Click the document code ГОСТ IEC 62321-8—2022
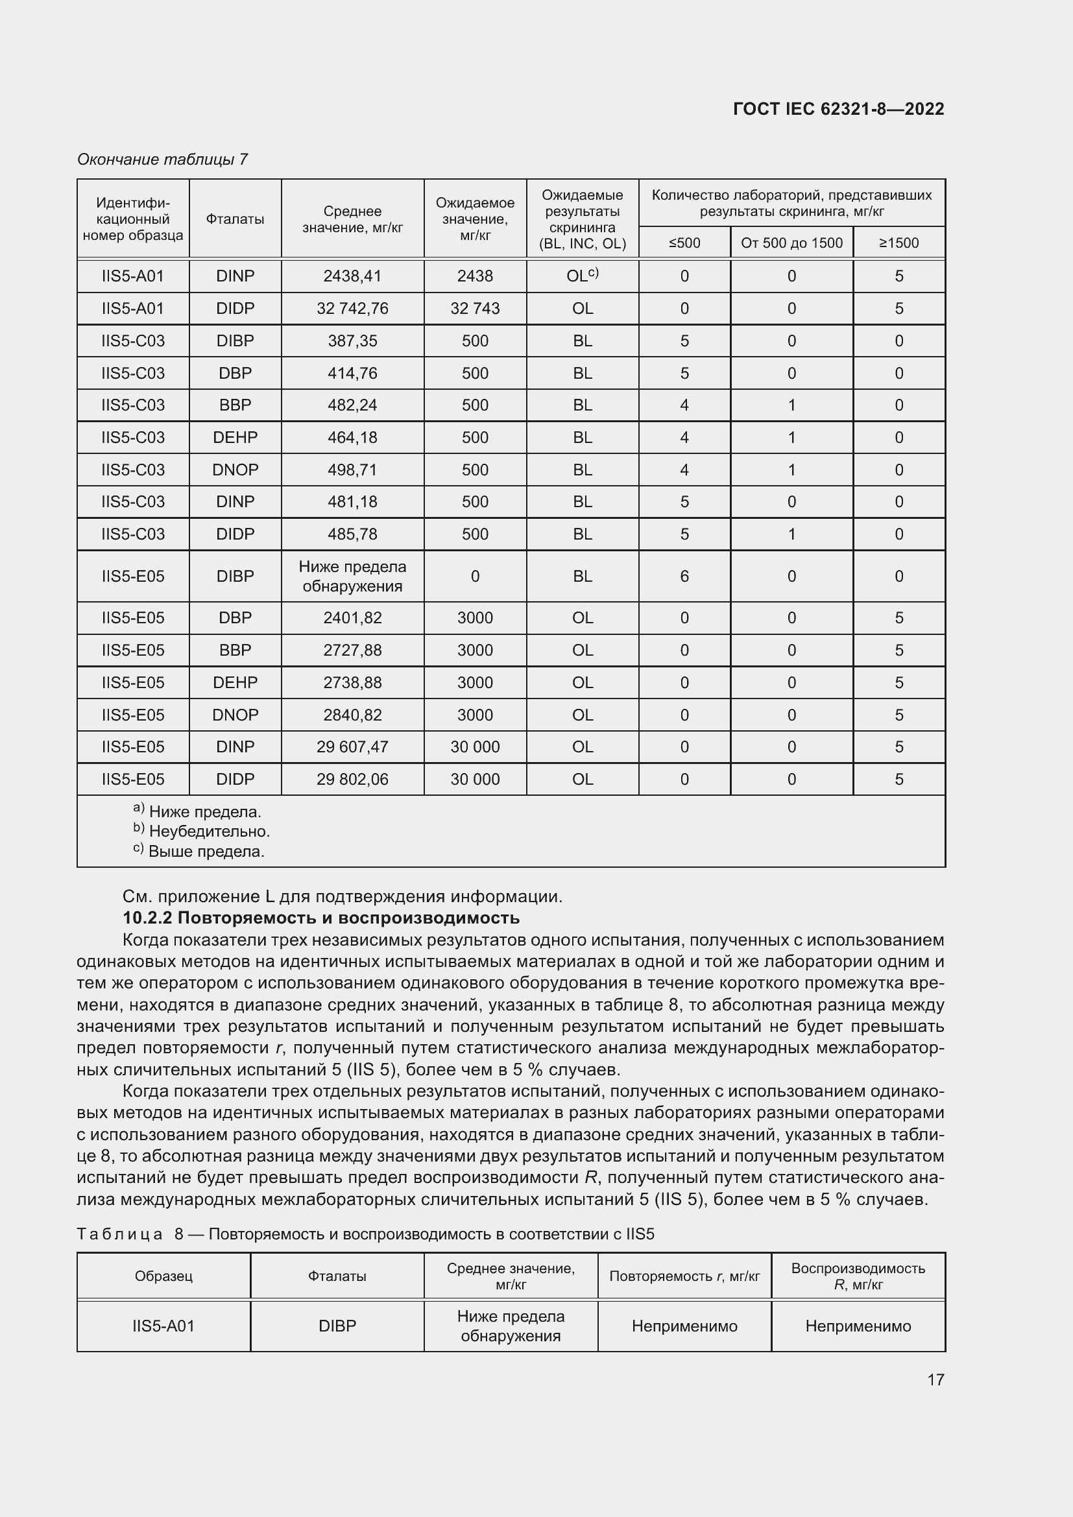point(838,109)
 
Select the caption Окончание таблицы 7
point(162,160)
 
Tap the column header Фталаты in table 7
point(235,219)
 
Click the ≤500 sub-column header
point(684,243)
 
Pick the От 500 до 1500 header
point(791,243)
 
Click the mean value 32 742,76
point(352,309)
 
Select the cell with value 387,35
point(352,341)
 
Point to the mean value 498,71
point(352,470)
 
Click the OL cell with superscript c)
point(582,276)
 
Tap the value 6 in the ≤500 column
point(684,576)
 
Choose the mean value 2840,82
point(352,715)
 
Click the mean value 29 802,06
point(352,779)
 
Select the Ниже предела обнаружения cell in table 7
point(352,576)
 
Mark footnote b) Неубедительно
point(202,831)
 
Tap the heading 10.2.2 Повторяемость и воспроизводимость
point(321,918)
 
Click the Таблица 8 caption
point(365,1234)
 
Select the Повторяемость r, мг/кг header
point(684,1276)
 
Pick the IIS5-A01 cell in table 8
point(163,1326)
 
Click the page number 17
point(935,1380)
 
